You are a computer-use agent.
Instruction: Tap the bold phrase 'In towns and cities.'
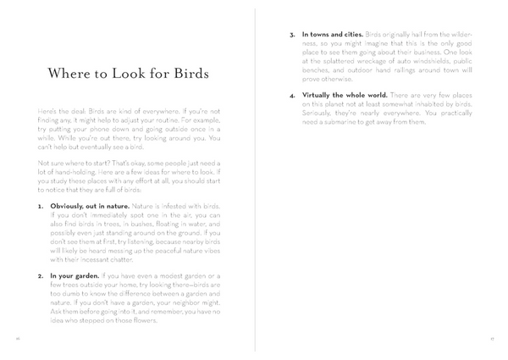point(332,35)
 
